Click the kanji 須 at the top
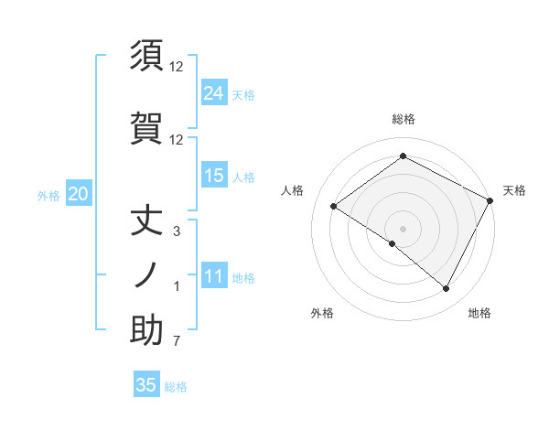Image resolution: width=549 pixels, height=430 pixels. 146,56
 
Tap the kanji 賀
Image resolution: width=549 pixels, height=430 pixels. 146,129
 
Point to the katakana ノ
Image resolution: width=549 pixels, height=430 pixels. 146,274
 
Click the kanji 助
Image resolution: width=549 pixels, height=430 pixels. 146,330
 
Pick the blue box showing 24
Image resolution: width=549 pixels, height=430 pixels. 214,93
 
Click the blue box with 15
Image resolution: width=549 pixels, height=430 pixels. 214,176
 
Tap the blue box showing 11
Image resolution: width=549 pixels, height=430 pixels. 214,276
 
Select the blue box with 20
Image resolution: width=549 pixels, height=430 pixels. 78,194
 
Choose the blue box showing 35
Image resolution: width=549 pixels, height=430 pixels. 146,385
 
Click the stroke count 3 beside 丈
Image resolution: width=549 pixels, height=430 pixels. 177,231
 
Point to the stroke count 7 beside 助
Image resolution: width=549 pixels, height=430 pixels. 177,342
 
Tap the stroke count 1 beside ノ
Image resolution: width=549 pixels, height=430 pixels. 177,287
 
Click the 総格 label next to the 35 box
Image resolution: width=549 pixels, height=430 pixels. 177,387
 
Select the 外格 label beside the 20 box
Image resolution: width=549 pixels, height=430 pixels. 48,196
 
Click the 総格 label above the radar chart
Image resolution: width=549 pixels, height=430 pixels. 403,119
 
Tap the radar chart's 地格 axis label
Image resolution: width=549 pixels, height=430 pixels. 479,313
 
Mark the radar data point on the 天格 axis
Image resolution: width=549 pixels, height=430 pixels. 490,200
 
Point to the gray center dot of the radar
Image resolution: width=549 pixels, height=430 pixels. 403,228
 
